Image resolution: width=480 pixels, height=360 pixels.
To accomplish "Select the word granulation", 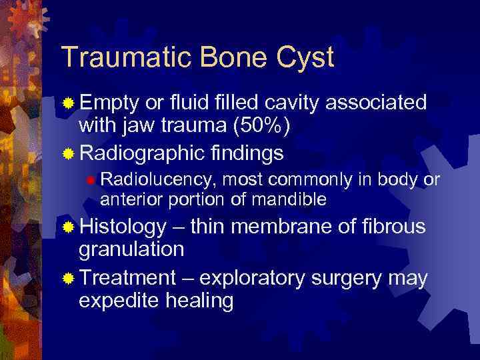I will (x=131, y=251).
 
